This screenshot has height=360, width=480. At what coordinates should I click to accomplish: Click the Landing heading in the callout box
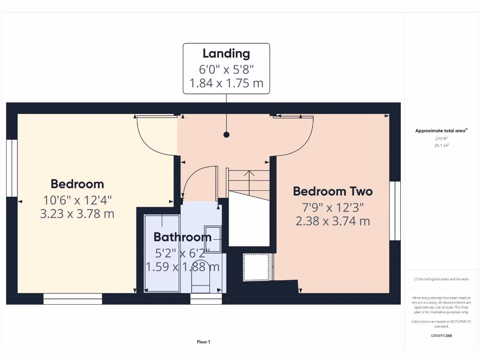pyautogui.click(x=226, y=53)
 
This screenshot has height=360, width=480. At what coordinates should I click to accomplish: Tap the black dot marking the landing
pyautogui.click(x=226, y=135)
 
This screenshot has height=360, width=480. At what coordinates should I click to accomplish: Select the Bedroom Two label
pyautogui.click(x=332, y=191)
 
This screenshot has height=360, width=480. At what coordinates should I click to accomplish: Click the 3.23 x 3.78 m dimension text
pyautogui.click(x=77, y=214)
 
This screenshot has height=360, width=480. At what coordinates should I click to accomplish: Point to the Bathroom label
pyautogui.click(x=182, y=237)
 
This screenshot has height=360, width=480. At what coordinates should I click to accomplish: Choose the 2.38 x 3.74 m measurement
pyautogui.click(x=332, y=221)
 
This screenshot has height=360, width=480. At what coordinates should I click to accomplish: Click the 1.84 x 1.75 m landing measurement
pyautogui.click(x=226, y=83)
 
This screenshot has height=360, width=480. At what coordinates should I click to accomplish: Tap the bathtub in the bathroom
pyautogui.click(x=162, y=253)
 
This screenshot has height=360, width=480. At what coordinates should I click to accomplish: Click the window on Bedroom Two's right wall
pyautogui.click(x=395, y=211)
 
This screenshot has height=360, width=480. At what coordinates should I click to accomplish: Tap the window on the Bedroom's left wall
pyautogui.click(x=12, y=167)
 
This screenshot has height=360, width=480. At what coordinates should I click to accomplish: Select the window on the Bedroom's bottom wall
pyautogui.click(x=73, y=299)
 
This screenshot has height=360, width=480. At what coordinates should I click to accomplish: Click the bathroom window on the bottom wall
pyautogui.click(x=206, y=299)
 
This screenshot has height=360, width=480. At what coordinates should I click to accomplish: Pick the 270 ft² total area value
pyautogui.click(x=441, y=139)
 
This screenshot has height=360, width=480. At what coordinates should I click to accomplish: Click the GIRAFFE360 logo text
pyautogui.click(x=441, y=336)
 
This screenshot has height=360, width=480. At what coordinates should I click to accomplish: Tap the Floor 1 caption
pyautogui.click(x=203, y=342)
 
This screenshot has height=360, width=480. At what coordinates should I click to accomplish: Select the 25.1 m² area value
pyautogui.click(x=441, y=146)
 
